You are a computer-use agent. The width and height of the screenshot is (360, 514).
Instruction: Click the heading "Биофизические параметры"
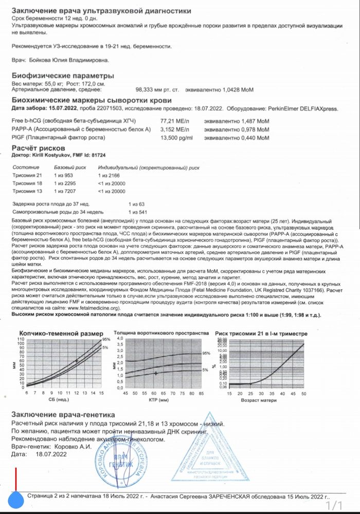point(63,76)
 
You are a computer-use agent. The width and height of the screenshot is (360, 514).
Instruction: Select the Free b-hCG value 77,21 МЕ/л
point(175,120)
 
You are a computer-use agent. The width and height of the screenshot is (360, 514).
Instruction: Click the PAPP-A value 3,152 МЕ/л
point(175,128)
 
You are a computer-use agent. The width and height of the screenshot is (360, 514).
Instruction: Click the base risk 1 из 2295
point(66,183)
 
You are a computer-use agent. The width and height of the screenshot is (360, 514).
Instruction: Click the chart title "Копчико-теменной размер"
point(61,334)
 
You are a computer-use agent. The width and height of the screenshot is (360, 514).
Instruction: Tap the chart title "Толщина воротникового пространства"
point(161,333)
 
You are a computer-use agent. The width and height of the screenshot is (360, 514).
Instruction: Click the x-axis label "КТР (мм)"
point(160,399)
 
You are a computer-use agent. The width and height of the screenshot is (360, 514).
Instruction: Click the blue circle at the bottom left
point(16,499)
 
